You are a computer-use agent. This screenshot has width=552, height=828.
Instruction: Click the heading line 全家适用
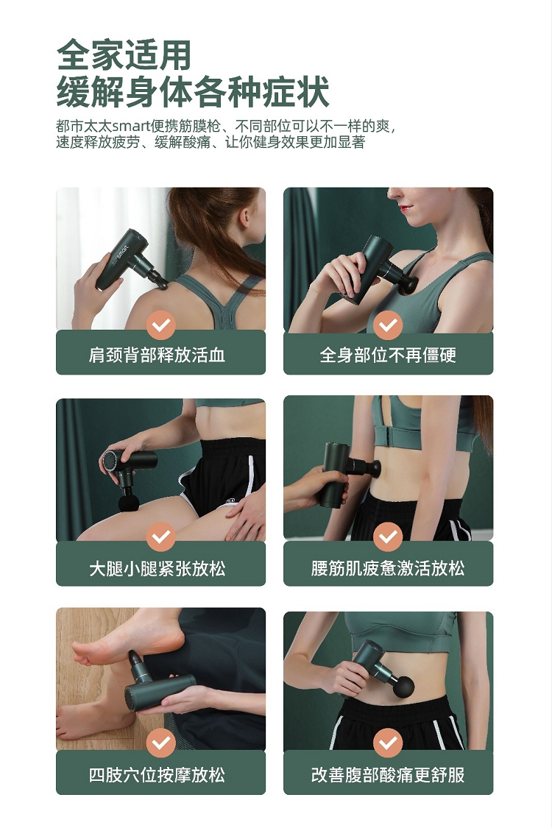point(124,55)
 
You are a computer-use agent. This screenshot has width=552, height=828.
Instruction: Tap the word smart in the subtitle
point(132,126)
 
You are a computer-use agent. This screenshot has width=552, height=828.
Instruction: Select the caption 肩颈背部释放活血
point(157,355)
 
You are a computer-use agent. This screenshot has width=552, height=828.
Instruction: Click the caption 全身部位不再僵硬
point(388,355)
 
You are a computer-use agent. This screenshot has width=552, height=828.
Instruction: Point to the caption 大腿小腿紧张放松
point(157,569)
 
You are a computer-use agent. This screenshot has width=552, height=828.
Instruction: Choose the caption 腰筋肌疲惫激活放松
point(388,569)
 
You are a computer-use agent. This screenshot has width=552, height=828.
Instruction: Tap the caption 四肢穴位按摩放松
point(157,775)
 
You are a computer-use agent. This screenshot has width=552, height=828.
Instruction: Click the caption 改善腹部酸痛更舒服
point(388,775)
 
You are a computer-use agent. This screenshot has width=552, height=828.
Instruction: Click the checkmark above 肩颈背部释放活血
point(161,325)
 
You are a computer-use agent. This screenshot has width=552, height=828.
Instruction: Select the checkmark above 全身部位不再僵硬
point(389,325)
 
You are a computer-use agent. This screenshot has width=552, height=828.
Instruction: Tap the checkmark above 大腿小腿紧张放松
point(161,537)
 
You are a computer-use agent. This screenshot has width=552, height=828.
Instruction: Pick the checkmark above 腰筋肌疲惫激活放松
point(389,537)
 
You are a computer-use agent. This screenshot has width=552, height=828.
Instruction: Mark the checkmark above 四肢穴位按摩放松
point(161,743)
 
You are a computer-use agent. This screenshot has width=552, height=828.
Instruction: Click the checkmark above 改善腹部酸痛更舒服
point(389,743)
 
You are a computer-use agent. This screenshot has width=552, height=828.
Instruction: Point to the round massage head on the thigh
point(128,502)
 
